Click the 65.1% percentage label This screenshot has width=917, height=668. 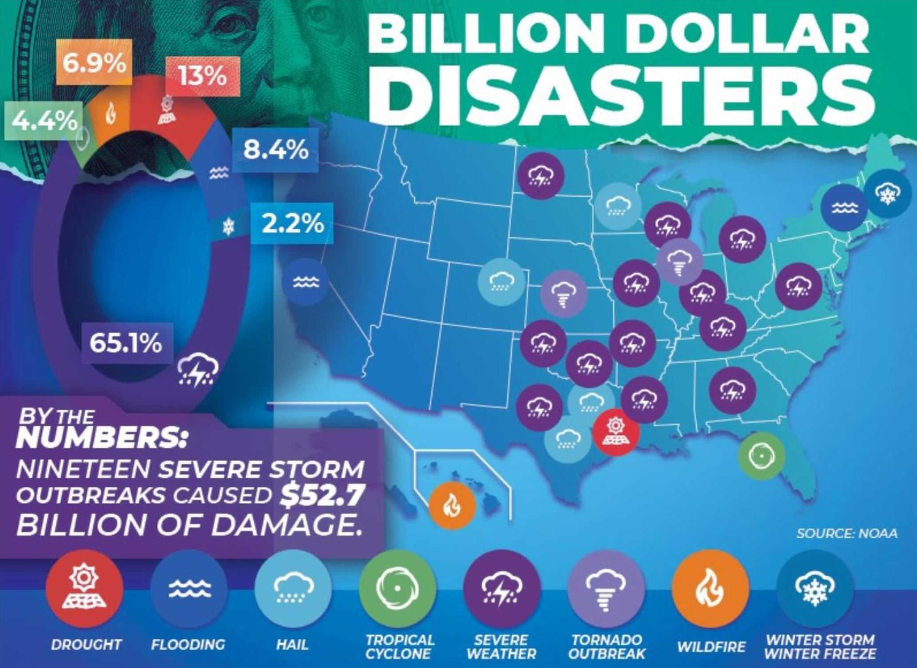point(126,343)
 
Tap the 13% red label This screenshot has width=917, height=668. point(203,76)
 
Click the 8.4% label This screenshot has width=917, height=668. point(275,150)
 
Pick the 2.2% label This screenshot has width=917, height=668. point(292,223)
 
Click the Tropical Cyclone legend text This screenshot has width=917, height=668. point(399,646)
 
